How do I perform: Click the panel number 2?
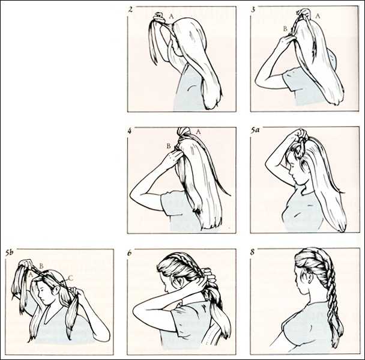click(130, 10)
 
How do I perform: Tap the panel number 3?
click(253, 10)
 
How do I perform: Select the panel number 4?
click(130, 131)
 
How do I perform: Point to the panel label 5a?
click(255, 130)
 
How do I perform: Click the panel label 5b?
click(10, 252)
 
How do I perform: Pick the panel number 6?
click(130, 252)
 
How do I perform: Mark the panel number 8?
click(253, 252)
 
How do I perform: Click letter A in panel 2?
click(171, 16)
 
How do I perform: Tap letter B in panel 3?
click(285, 29)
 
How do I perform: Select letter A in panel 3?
click(318, 16)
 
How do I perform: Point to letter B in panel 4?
click(169, 146)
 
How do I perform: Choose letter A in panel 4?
click(198, 132)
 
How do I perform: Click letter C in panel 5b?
click(71, 278)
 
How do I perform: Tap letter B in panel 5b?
click(41, 266)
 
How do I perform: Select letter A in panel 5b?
click(31, 275)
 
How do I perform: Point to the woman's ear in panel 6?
click(175, 281)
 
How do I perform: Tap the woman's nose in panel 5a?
click(290, 172)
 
